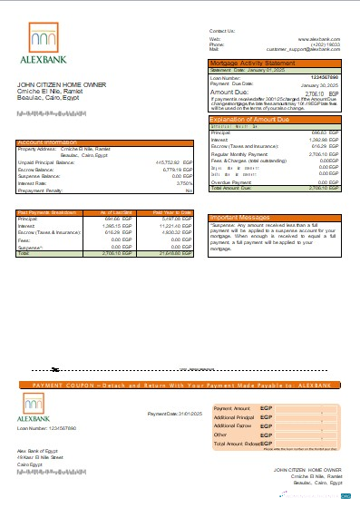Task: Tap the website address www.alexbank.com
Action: point(318,39)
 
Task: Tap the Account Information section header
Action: point(48,142)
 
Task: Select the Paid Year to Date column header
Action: point(173,211)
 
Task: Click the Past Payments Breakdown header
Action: point(48,211)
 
